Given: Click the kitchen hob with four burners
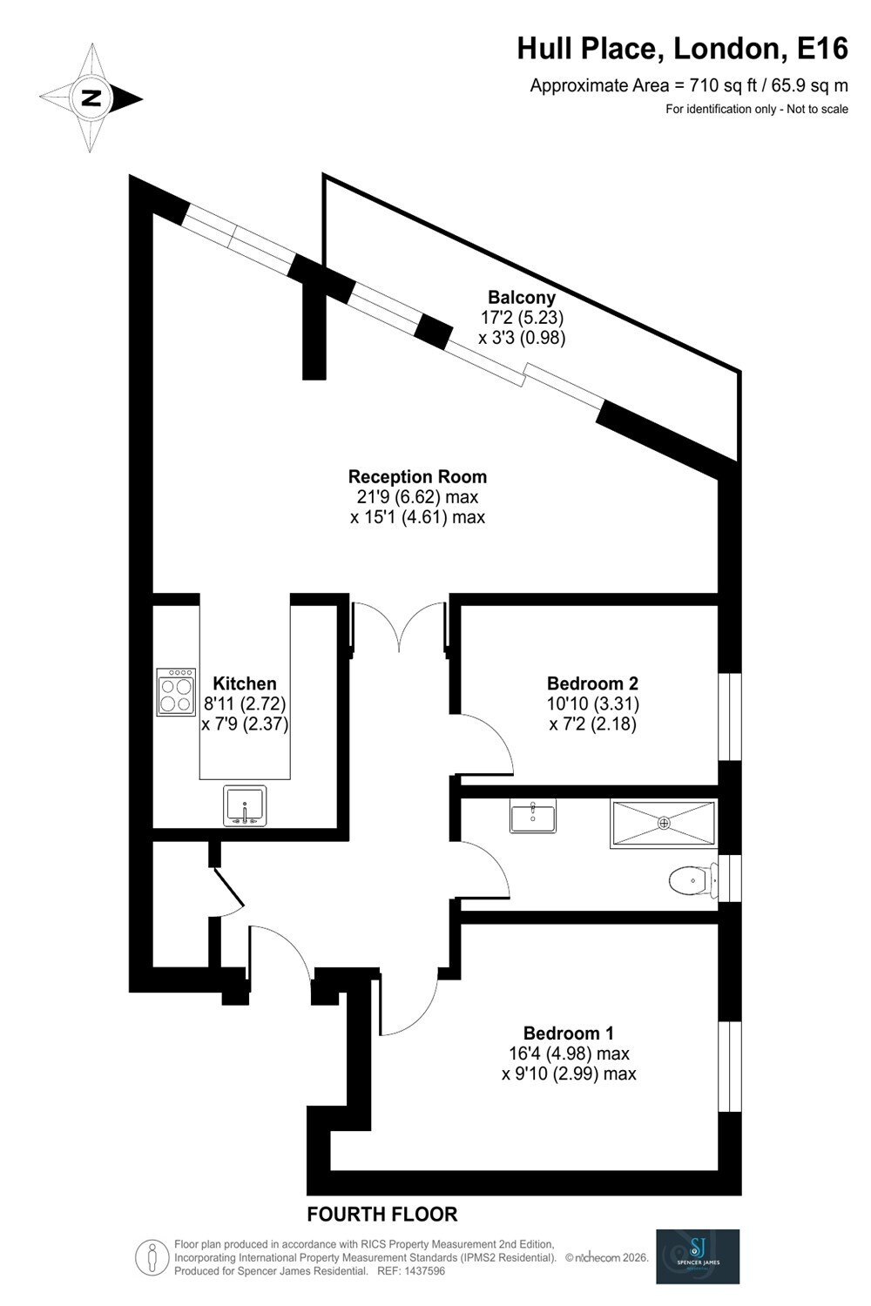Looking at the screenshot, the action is [176, 691].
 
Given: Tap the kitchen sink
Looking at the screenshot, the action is [245, 805].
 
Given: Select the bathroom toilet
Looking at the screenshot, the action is [693, 880].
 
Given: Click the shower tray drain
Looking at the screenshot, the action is [664, 823].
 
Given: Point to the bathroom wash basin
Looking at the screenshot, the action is [533, 816].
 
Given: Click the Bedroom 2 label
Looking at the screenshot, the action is [593, 683].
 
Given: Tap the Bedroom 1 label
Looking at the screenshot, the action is [568, 1033].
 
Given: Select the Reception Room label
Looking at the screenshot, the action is [417, 476].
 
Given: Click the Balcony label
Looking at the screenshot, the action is [522, 298].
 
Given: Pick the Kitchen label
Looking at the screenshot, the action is [245, 683].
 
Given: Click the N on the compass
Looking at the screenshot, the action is [91, 98].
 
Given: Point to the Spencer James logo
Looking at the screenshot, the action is [698, 1256].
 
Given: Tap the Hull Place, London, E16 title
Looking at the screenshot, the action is [683, 49].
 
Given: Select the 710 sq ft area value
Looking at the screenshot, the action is [724, 85].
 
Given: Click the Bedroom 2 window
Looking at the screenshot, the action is [729, 717].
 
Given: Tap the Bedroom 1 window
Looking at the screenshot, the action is [729, 1067].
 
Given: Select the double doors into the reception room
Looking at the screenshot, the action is [400, 626].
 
